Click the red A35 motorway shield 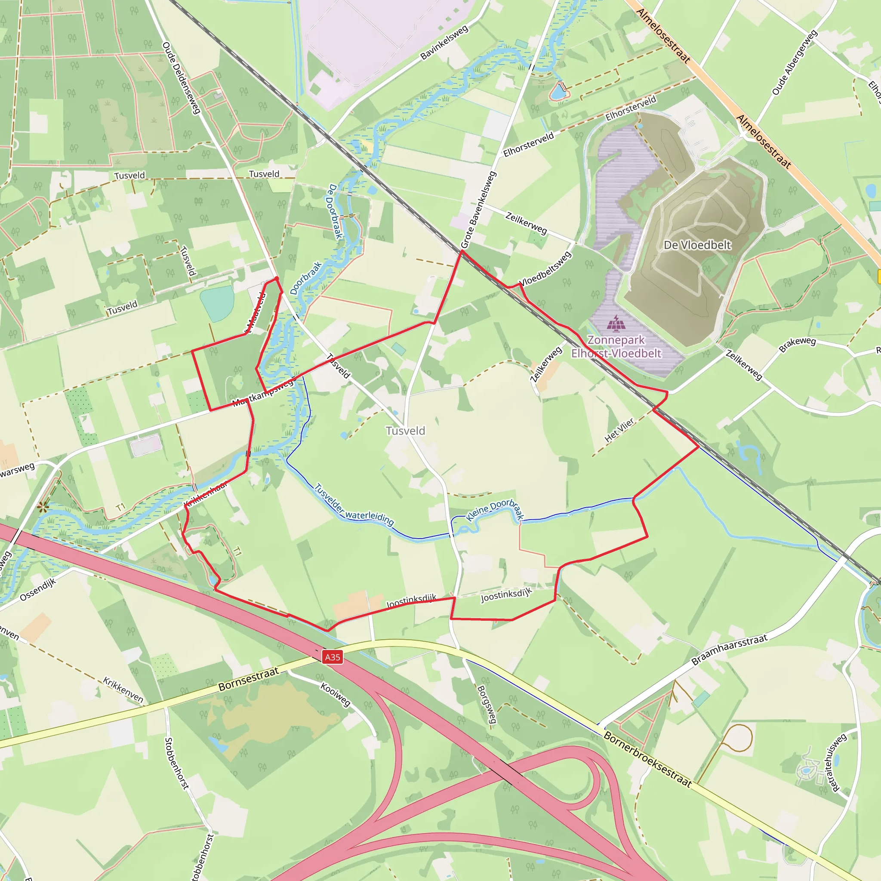(x=333, y=657)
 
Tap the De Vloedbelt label (x=697, y=245)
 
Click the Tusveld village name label (x=405, y=431)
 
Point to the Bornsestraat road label (x=248, y=679)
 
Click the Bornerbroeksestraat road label (x=647, y=759)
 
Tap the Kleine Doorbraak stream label (x=495, y=510)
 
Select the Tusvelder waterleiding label (x=354, y=505)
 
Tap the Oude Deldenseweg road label (x=181, y=78)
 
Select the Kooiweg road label (x=335, y=694)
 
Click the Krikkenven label (x=123, y=690)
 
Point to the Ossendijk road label (x=38, y=590)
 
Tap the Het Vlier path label (x=619, y=430)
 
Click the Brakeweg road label (x=797, y=344)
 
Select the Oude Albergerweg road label (x=794, y=62)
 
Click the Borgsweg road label (x=487, y=705)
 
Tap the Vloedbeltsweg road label (x=545, y=268)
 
